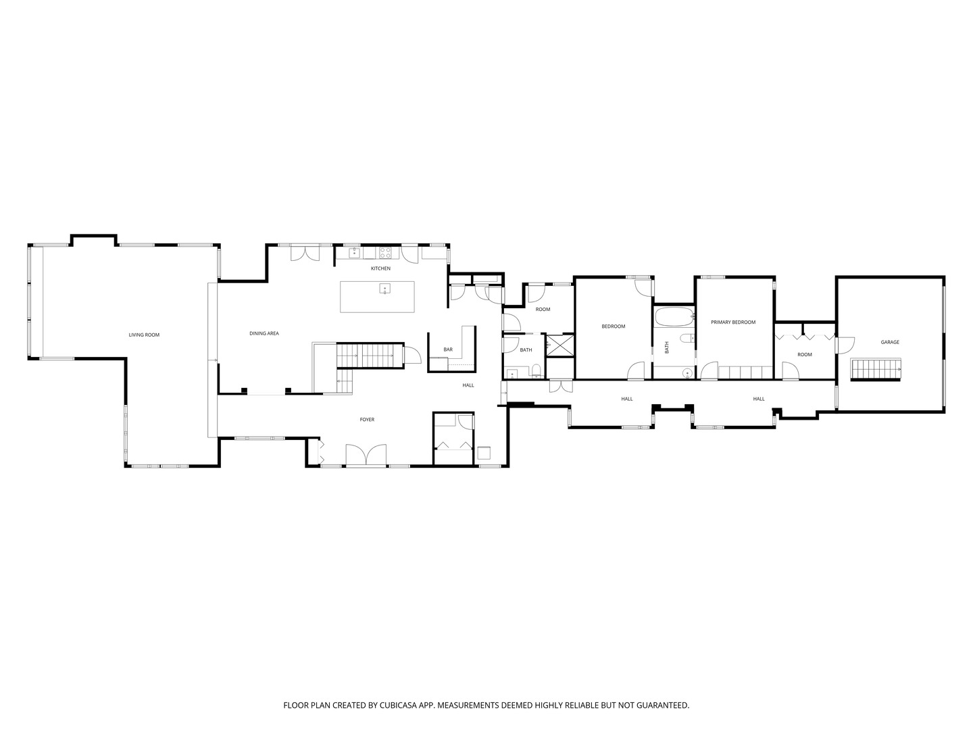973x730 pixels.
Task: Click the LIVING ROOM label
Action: coord(144,335)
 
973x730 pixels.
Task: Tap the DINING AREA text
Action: coord(264,333)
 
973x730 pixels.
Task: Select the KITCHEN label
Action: coord(381,268)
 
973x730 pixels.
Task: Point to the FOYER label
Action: coord(367,419)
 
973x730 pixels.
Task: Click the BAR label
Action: coord(448,349)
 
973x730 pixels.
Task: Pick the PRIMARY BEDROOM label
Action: coord(733,322)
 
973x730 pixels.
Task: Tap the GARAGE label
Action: coord(890,342)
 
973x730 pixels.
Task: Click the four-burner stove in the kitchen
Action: coord(384,253)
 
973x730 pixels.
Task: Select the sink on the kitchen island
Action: coord(384,289)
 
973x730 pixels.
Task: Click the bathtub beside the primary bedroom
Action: coord(674,317)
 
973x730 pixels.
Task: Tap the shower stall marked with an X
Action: coord(560,345)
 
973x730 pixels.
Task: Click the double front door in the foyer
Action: coord(366,455)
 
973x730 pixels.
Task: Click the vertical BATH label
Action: coord(667,347)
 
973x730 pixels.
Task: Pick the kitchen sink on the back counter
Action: coord(354,253)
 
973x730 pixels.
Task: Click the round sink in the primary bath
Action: coord(688,373)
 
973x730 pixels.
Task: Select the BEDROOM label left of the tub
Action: coord(614,326)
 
